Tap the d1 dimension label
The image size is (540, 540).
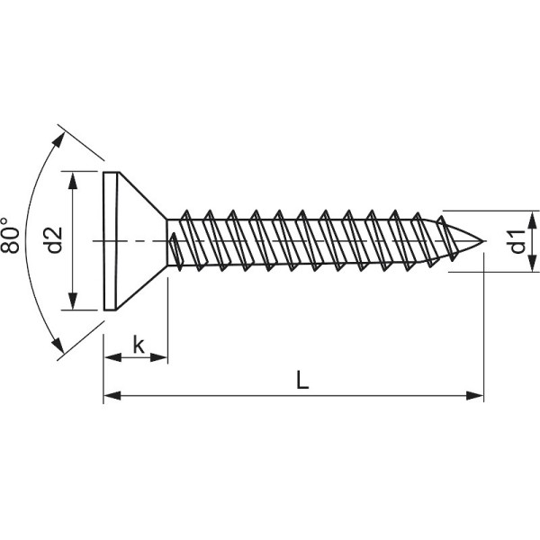click(x=516, y=241)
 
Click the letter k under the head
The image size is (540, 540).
click(x=138, y=344)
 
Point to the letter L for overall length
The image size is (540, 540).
click(x=302, y=381)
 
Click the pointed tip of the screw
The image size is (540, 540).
click(x=484, y=240)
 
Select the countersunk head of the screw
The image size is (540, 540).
click(x=135, y=240)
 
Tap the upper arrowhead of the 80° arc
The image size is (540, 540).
click(x=60, y=138)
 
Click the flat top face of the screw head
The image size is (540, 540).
click(x=108, y=240)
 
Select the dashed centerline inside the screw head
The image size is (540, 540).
click(x=135, y=240)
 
